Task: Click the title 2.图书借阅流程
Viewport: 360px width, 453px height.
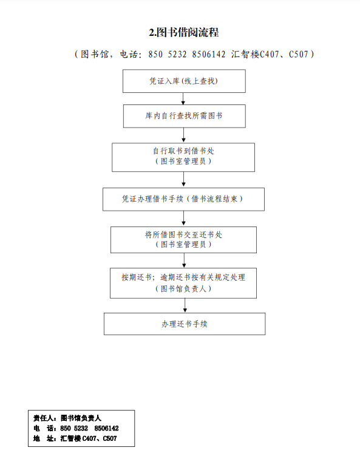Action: coord(184,32)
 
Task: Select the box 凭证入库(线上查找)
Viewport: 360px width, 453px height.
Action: coord(184,81)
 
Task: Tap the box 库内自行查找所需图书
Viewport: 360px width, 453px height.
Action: coord(185,116)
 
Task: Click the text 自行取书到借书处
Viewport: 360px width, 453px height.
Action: coord(183,151)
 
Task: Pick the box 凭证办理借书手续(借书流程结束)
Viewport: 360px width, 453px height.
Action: coord(183,199)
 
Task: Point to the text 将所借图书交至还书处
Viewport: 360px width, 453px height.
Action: coord(183,234)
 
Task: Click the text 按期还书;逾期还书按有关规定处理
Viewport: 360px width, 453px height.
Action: coord(183,278)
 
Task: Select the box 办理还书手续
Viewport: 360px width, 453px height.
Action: coord(185,324)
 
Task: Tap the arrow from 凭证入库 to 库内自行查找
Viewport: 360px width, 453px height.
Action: coord(183,98)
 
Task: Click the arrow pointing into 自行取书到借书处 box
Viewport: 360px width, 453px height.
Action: coord(183,135)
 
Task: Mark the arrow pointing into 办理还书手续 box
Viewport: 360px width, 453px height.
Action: coord(185,305)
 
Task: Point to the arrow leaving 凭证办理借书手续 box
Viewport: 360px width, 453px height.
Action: coord(183,219)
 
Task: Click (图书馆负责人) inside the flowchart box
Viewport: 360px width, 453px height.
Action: coord(183,288)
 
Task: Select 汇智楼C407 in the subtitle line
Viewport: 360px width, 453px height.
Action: coord(255,54)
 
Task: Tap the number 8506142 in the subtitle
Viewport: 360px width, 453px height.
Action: coord(209,54)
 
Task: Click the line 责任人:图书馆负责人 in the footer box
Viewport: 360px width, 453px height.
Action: coord(67,418)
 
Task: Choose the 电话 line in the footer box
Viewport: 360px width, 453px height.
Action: coord(76,428)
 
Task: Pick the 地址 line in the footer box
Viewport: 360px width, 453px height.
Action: coord(75,438)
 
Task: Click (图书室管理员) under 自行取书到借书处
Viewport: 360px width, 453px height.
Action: coord(183,161)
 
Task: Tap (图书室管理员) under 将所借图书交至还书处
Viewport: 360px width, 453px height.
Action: coord(183,244)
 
